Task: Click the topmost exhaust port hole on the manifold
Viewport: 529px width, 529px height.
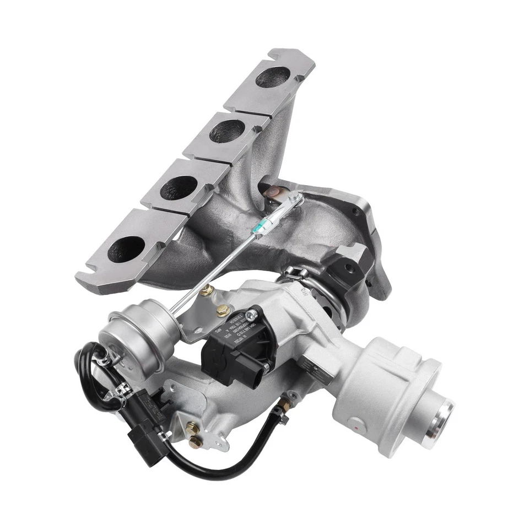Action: [x=273, y=77]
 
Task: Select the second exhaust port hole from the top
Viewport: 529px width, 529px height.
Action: [x=226, y=131]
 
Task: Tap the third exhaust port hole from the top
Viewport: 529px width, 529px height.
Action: [x=179, y=187]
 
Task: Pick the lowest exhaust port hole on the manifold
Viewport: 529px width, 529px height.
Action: [x=126, y=249]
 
